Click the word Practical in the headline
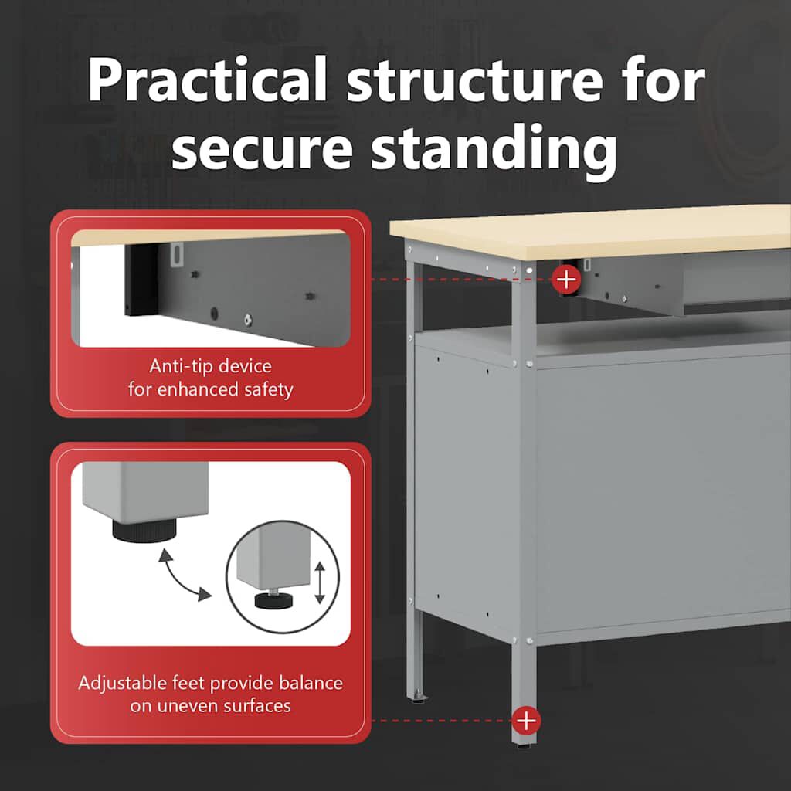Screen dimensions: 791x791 (207, 80)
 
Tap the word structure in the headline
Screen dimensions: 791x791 (474, 80)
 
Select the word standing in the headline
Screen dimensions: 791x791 (494, 150)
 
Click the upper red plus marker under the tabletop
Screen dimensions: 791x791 (566, 279)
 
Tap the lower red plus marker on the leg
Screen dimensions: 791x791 (526, 721)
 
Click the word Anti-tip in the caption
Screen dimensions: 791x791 (178, 365)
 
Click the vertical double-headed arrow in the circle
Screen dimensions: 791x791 (320, 582)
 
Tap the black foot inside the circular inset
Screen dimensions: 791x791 (274, 600)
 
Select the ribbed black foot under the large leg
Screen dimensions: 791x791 (144, 530)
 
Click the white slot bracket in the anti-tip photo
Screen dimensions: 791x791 (175, 253)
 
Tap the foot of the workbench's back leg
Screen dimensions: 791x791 (418, 698)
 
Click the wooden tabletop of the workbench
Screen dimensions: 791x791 (591, 231)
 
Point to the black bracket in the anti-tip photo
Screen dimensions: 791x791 (141, 281)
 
